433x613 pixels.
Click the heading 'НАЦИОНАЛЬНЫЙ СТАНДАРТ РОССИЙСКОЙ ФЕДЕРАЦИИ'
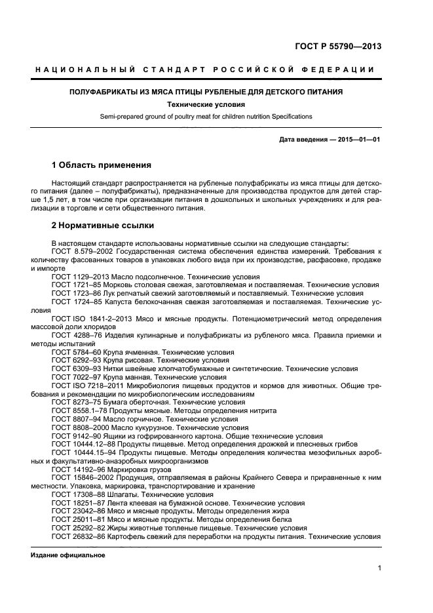(205, 69)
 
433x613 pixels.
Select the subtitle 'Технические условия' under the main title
(206, 104)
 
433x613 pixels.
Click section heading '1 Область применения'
(101, 165)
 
